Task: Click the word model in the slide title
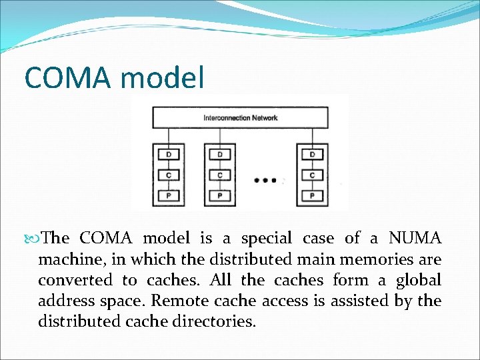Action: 162,77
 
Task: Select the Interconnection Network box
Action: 240,118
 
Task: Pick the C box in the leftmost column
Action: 168,175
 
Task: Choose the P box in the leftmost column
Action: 168,196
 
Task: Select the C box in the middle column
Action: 220,175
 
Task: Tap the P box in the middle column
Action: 220,196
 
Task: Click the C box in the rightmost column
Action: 312,175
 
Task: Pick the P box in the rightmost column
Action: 312,196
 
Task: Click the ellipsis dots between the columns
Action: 266,180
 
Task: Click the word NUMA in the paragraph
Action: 415,238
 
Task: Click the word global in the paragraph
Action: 418,280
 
